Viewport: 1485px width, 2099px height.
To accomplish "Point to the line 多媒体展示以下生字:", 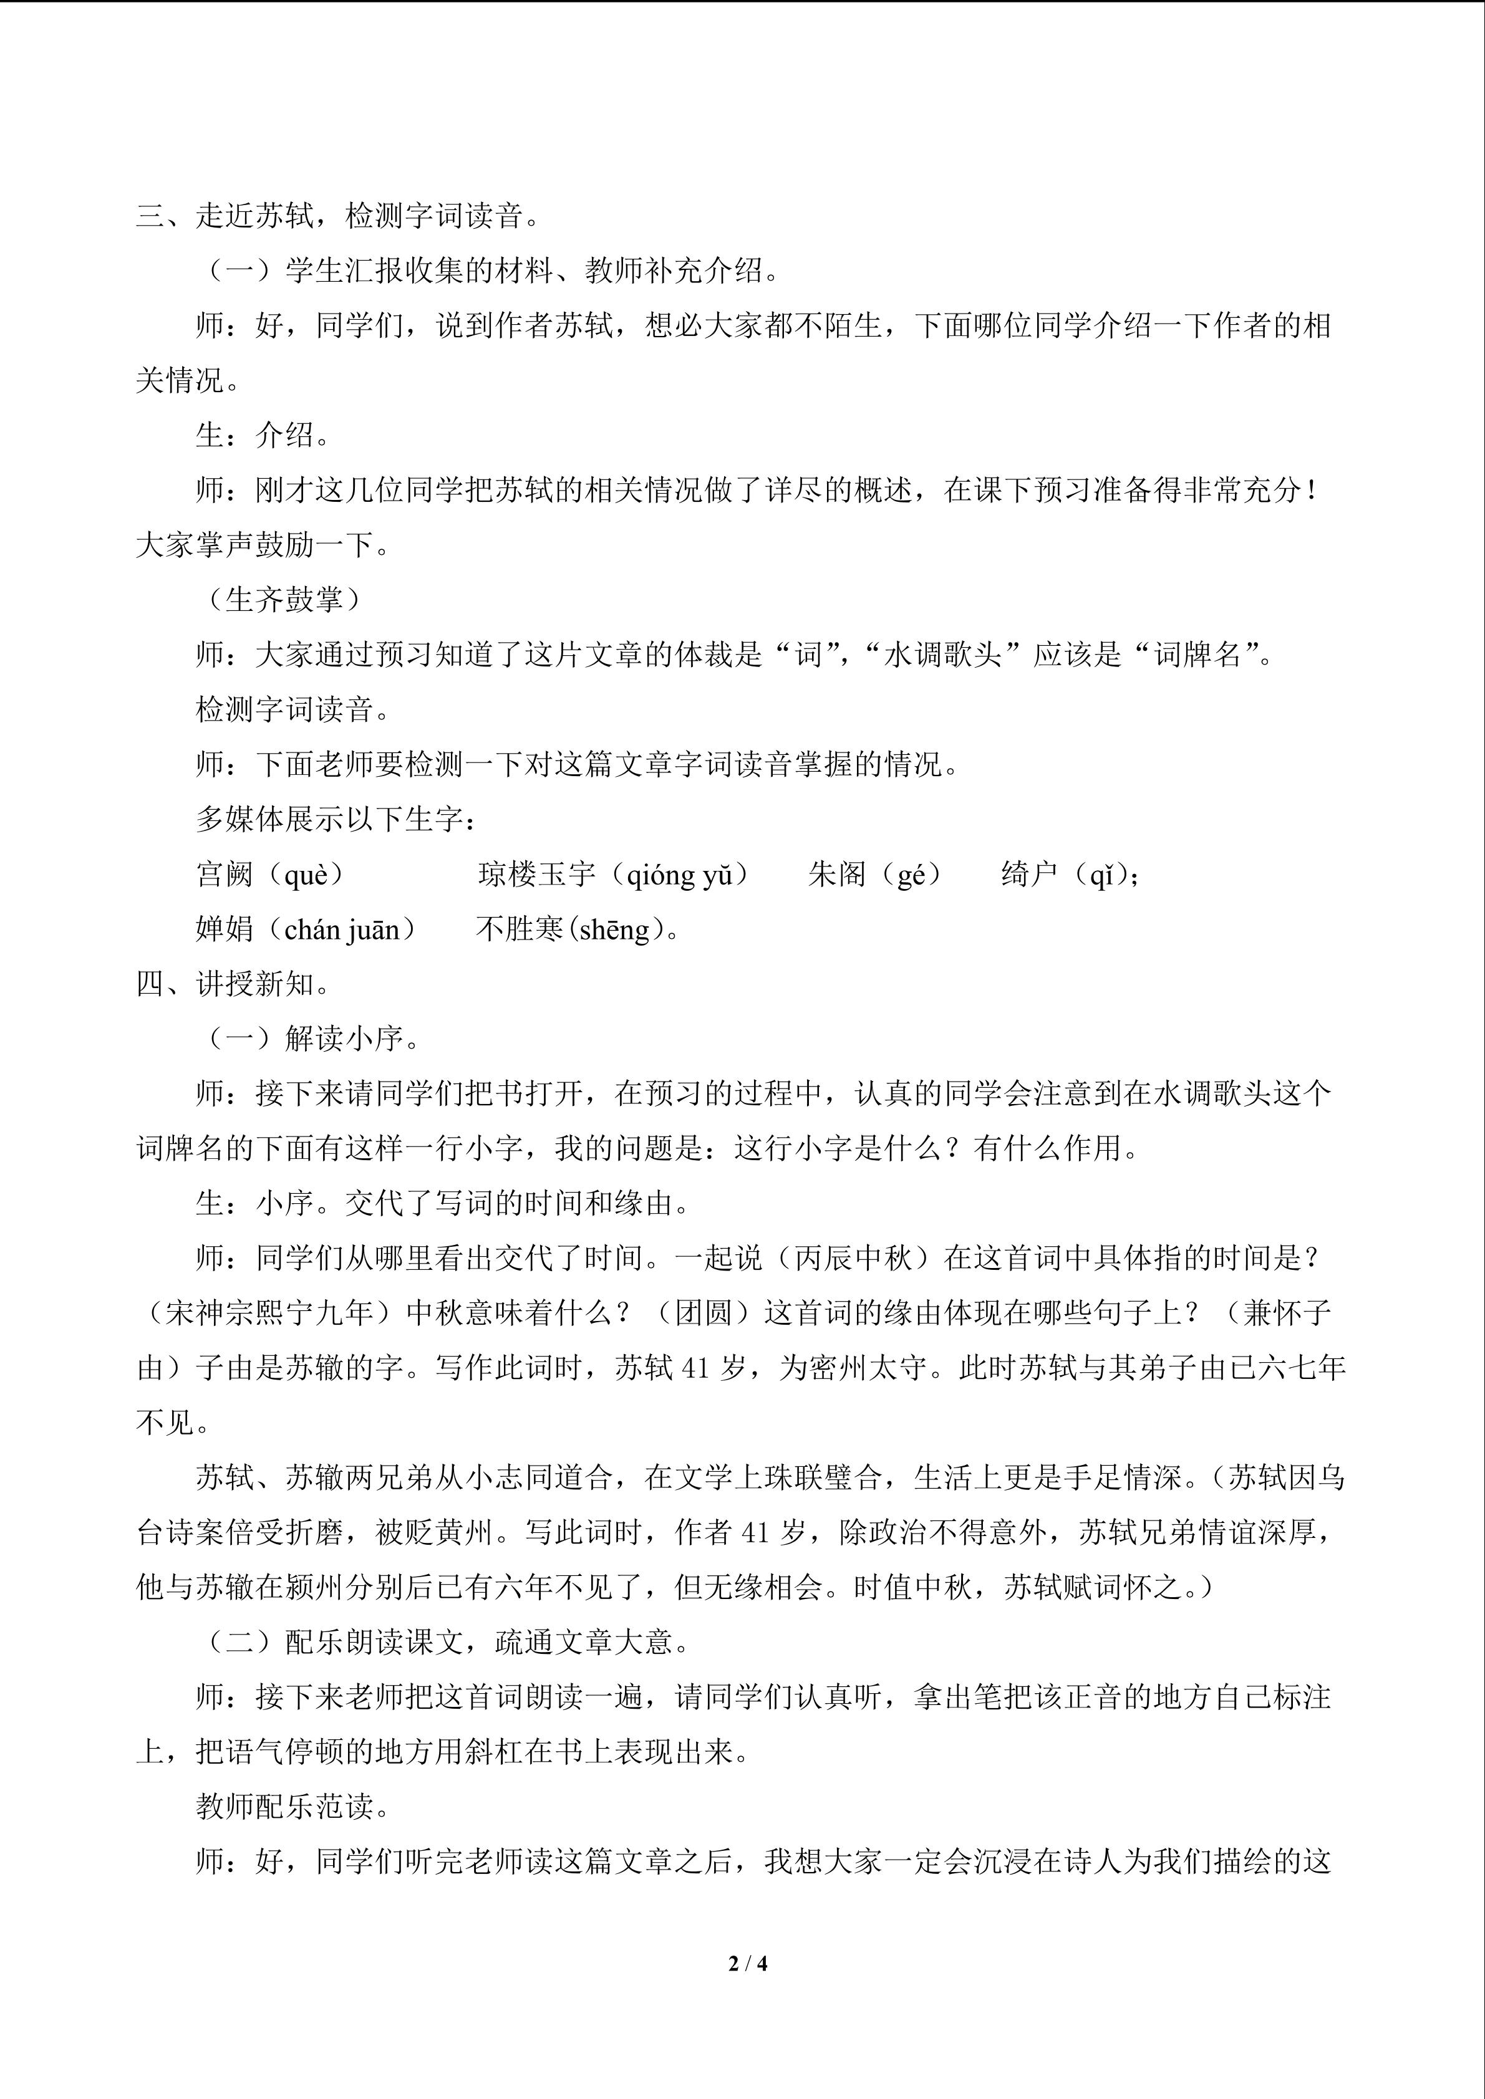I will click(x=337, y=819).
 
